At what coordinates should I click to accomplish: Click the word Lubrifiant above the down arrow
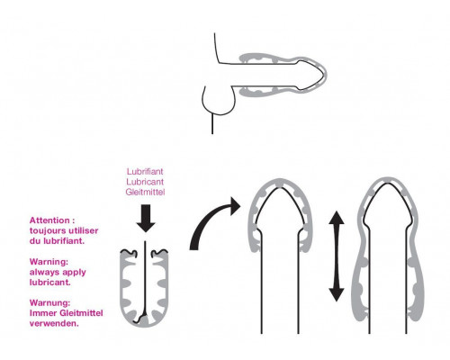pos(145,172)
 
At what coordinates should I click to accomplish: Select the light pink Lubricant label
pos(145,182)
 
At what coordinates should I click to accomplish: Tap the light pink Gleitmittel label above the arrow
pos(145,192)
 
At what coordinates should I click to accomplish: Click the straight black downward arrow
pos(146,218)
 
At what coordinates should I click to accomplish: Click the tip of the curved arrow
pos(240,205)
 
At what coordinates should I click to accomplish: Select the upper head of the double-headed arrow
pos(337,218)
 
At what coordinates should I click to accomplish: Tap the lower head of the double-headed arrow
pos(337,294)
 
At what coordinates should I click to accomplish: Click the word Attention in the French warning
pos(49,220)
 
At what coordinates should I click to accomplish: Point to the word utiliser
pos(84,230)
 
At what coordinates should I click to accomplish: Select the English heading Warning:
pos(49,262)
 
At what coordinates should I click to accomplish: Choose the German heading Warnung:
pos(49,303)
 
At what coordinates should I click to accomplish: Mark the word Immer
pos(43,313)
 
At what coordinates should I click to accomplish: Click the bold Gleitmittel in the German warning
pos(81,313)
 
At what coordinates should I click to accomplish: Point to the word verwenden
pos(54,324)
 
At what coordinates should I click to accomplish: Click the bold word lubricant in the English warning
pos(49,283)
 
